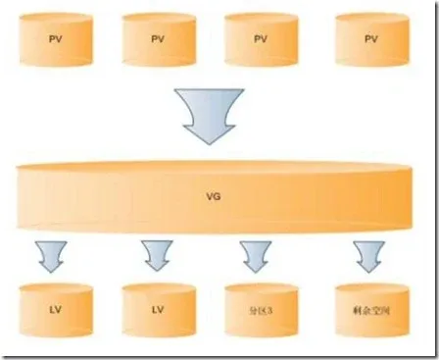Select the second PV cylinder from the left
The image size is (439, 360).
157,38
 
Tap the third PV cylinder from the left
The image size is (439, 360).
260,38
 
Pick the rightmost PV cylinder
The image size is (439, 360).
370,38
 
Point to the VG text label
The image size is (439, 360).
215,197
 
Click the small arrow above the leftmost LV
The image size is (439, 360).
51,256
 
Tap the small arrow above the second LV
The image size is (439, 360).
157,256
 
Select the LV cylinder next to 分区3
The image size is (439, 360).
157,310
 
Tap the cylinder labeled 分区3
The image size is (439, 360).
260,310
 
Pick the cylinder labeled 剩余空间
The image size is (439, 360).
369,310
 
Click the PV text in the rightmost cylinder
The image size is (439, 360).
370,38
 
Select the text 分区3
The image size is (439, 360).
260,311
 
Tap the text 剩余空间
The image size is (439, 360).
369,311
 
